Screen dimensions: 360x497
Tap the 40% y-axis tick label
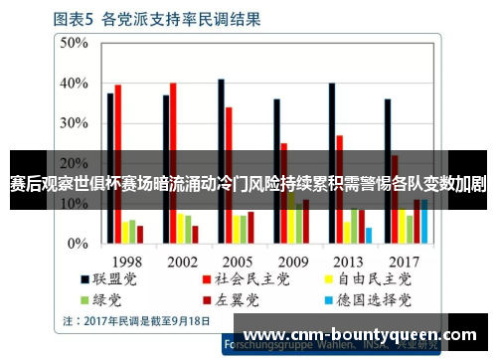(74, 83)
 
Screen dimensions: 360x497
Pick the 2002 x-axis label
(181, 262)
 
